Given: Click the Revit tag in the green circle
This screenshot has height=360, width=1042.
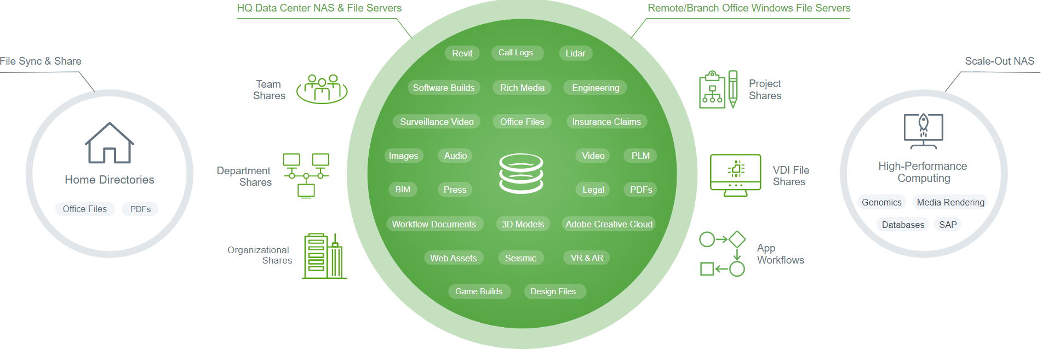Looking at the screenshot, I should pyautogui.click(x=462, y=53).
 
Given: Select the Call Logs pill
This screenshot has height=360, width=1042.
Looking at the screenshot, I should pyautogui.click(x=516, y=53).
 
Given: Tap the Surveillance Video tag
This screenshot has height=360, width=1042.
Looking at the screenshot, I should pyautogui.click(x=437, y=122).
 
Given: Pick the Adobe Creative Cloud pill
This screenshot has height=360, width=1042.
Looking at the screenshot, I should pyautogui.click(x=609, y=224).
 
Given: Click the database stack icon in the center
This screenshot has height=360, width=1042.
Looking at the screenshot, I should pyautogui.click(x=521, y=173).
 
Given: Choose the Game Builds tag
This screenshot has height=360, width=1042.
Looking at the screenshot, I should pyautogui.click(x=478, y=292).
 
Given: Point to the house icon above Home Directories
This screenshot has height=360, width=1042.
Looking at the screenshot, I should pyautogui.click(x=110, y=143).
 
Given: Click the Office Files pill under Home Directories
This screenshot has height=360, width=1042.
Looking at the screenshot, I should pyautogui.click(x=84, y=209).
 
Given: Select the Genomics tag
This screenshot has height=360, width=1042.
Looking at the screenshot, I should pyautogui.click(x=881, y=202).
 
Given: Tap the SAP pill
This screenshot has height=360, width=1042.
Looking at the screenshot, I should pyautogui.click(x=948, y=225).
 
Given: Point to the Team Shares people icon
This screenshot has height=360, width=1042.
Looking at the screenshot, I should pyautogui.click(x=322, y=89).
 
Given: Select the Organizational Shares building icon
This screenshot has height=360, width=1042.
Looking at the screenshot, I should pyautogui.click(x=324, y=256).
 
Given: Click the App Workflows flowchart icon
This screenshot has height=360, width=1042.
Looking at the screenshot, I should pyautogui.click(x=722, y=254).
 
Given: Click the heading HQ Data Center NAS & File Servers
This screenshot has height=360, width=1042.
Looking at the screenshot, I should pyautogui.click(x=319, y=8).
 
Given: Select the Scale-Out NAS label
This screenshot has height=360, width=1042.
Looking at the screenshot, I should pyautogui.click(x=999, y=61).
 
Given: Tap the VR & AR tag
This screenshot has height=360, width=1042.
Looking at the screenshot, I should pyautogui.click(x=587, y=258).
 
